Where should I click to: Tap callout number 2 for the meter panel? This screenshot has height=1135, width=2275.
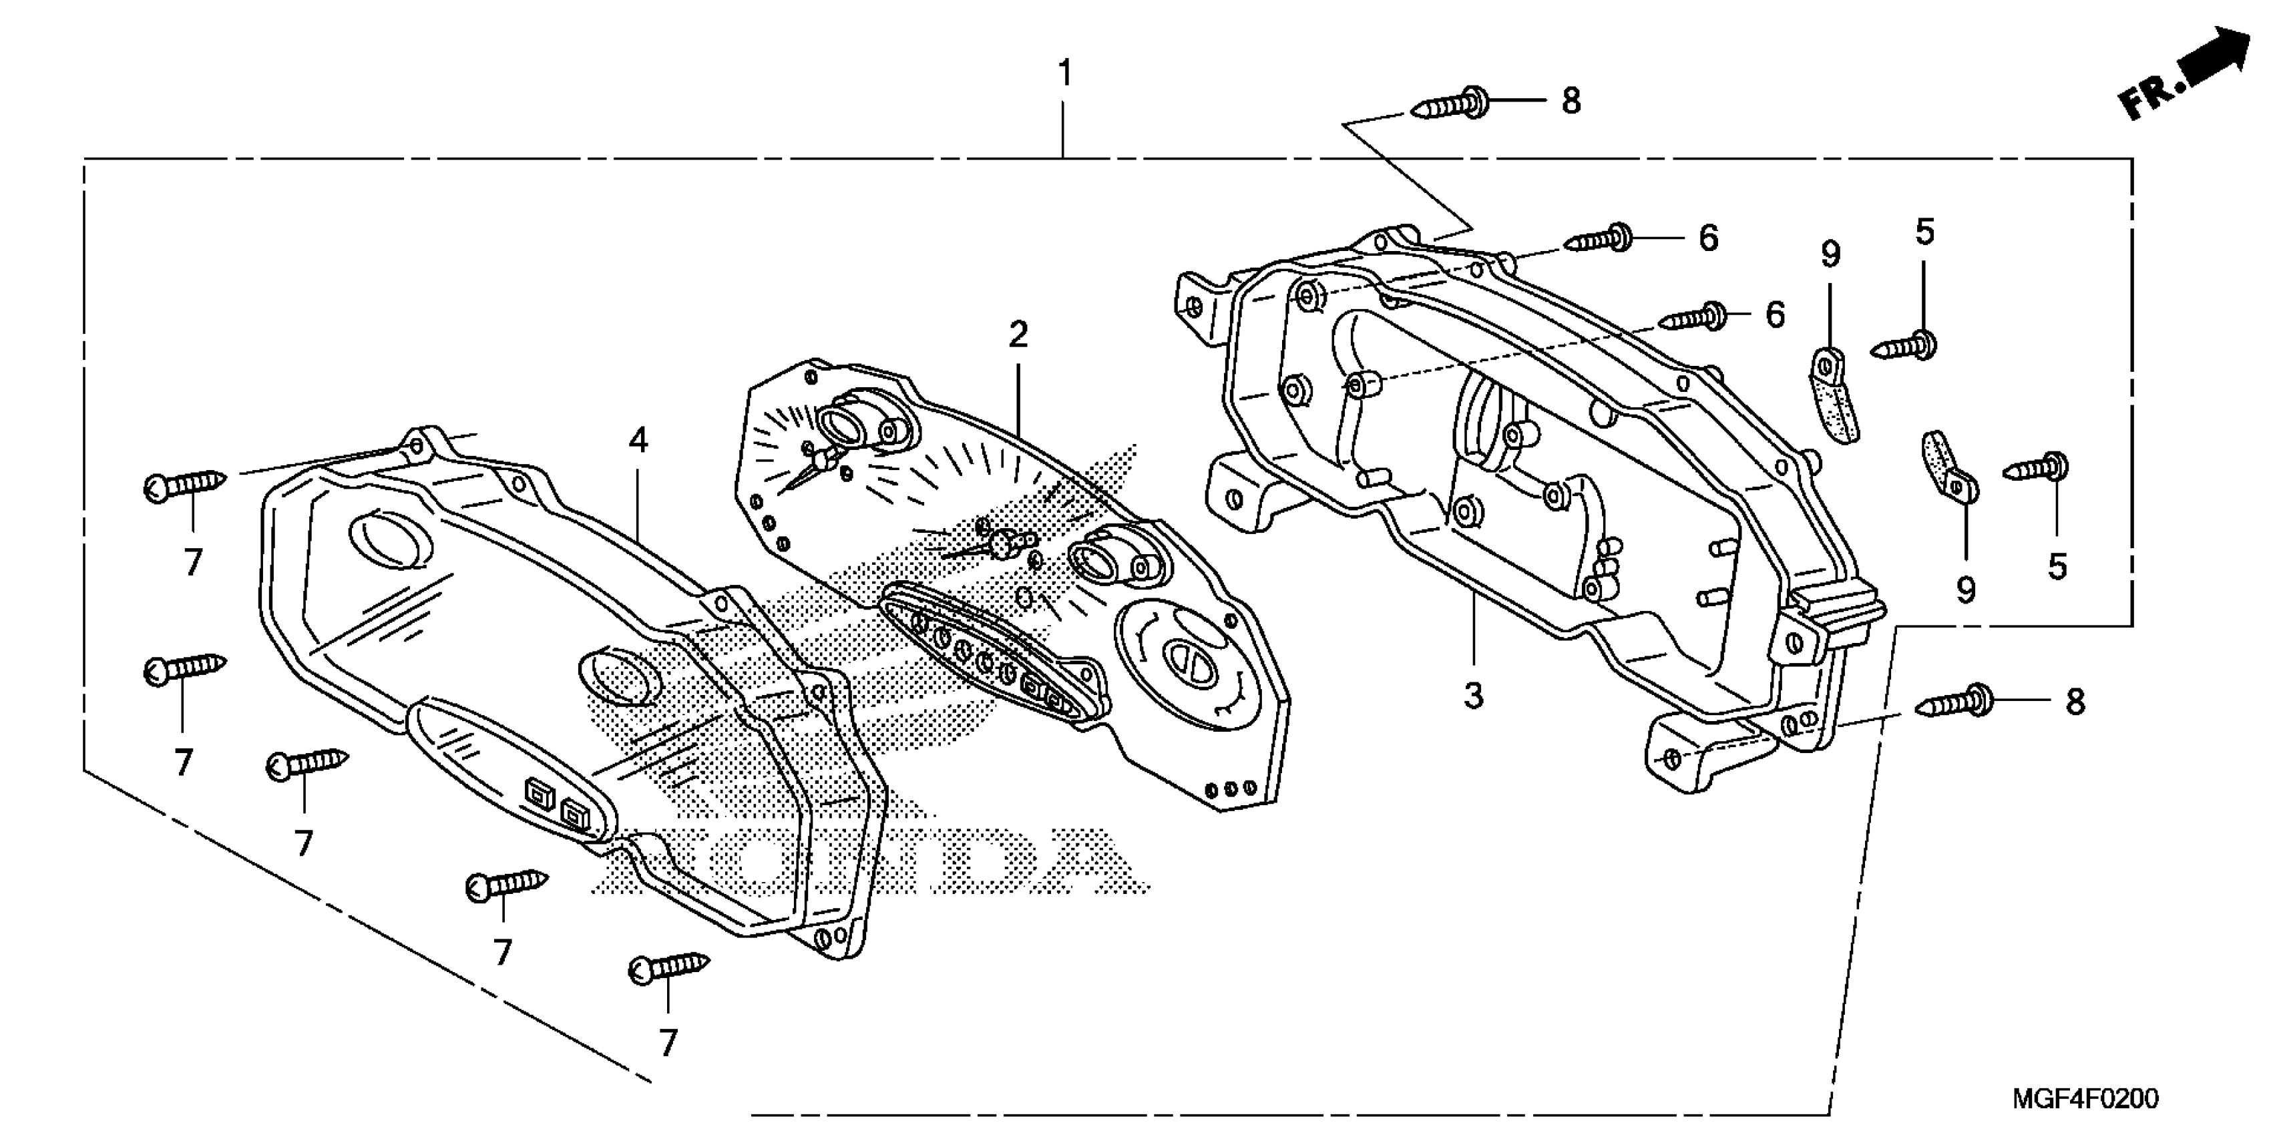pyautogui.click(x=1018, y=334)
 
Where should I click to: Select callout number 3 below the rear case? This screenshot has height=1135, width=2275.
pyautogui.click(x=1473, y=696)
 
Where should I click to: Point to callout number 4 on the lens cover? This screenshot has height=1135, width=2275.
pyautogui.click(x=638, y=440)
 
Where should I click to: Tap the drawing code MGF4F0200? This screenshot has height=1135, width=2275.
pyautogui.click(x=2085, y=1099)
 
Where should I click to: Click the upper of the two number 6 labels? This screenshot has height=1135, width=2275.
pyautogui.click(x=1709, y=238)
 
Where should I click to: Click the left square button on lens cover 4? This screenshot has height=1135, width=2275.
pyautogui.click(x=538, y=792)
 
